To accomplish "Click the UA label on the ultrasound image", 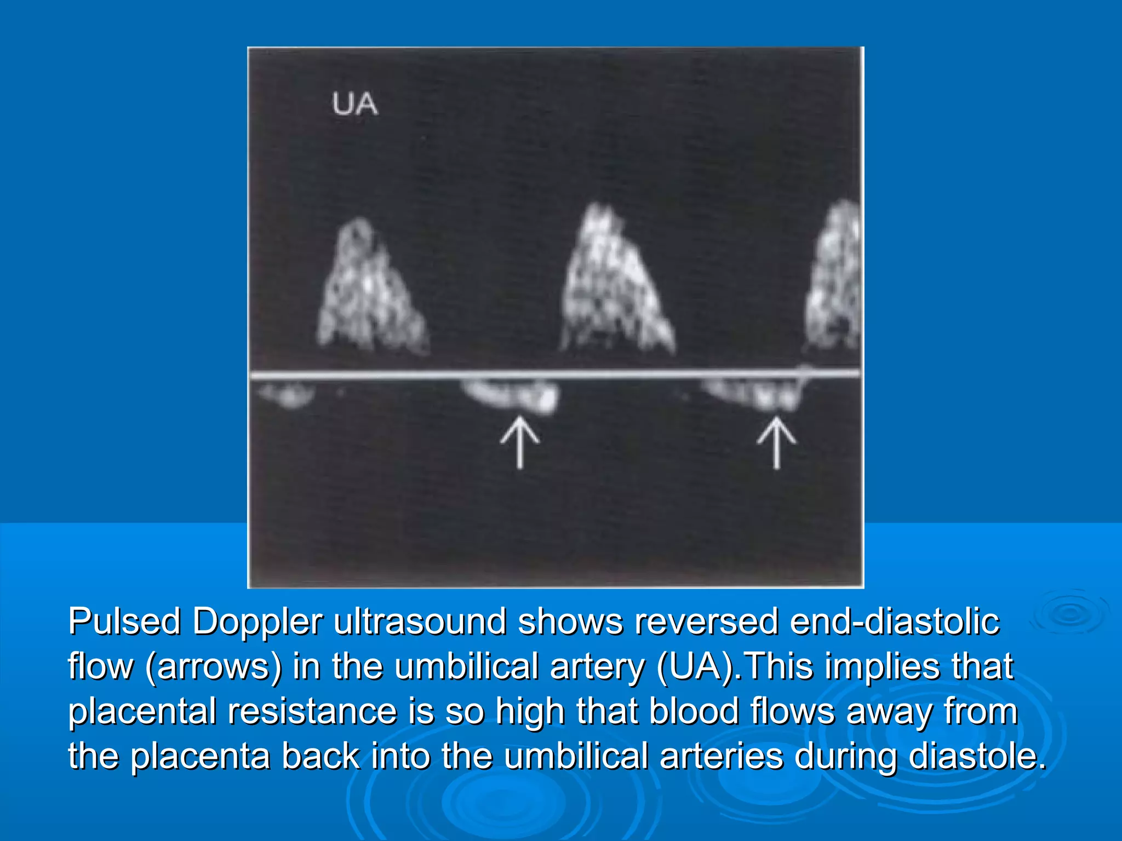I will tap(354, 104).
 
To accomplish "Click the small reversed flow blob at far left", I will tap(288, 394).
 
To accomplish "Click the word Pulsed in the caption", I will tap(124, 623).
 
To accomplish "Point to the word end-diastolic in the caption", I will tap(895, 623).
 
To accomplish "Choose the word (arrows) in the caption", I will tap(213, 667).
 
